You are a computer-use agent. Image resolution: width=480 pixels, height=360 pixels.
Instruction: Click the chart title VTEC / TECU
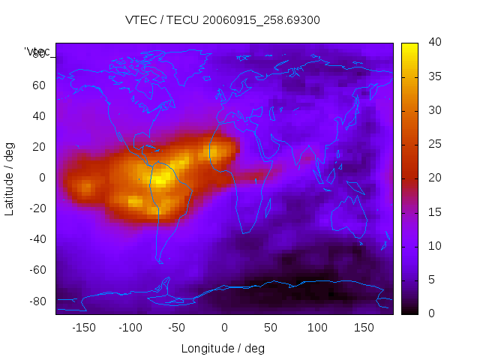click(x=222, y=20)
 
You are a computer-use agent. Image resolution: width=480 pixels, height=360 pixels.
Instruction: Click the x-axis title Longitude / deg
click(x=223, y=348)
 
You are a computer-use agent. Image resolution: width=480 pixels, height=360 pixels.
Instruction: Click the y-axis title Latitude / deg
click(x=10, y=178)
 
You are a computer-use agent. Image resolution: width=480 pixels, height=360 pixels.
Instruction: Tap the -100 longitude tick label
click(x=130, y=327)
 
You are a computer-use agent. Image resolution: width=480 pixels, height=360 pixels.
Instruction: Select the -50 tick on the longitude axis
click(x=177, y=327)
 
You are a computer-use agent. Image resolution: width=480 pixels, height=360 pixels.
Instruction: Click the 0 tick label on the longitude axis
click(x=224, y=327)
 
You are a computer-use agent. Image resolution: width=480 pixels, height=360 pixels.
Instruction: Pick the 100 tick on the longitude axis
click(x=317, y=327)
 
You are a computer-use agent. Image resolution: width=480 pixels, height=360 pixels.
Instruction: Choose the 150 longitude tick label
click(x=364, y=327)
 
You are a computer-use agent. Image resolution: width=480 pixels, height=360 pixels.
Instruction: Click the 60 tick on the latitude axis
click(x=39, y=85)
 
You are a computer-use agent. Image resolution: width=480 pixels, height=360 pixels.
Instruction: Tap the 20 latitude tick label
click(x=39, y=147)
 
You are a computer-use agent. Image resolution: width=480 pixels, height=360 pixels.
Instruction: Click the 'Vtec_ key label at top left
click(x=37, y=52)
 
